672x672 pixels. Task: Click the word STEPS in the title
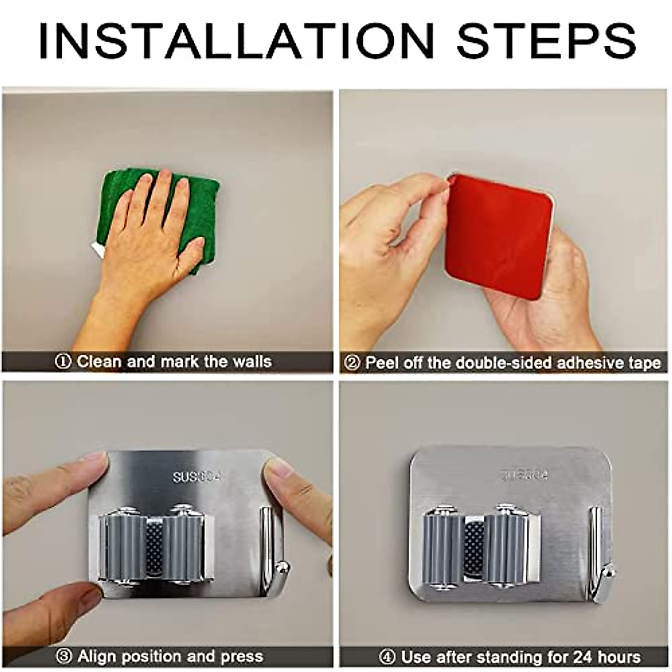pyautogui.click(x=546, y=40)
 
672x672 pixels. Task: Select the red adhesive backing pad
pyautogui.click(x=498, y=235)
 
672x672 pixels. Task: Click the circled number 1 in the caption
pyautogui.click(x=63, y=362)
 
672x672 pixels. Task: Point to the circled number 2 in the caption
pyautogui.click(x=352, y=363)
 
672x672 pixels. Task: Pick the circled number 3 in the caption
pyautogui.click(x=64, y=656)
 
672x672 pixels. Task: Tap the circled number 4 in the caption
pyautogui.click(x=387, y=656)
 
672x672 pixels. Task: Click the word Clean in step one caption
pyautogui.click(x=99, y=362)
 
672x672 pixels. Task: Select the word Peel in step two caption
pyautogui.click(x=382, y=363)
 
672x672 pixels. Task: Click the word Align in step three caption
pyautogui.click(x=97, y=656)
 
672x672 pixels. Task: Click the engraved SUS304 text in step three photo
pyautogui.click(x=196, y=477)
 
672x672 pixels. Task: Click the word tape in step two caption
pyautogui.click(x=644, y=363)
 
